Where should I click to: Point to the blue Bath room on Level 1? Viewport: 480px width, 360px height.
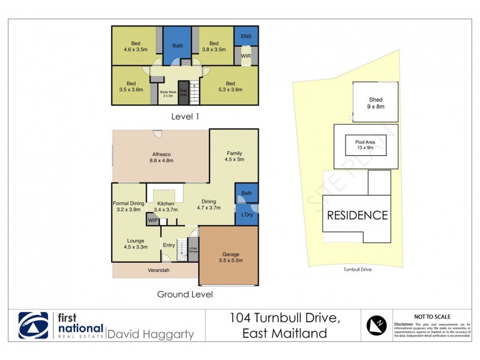click(178, 46)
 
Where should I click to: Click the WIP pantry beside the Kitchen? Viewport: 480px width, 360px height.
click(152, 220)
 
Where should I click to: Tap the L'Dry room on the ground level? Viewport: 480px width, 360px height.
click(246, 215)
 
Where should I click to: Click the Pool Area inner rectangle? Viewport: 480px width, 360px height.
click(365, 145)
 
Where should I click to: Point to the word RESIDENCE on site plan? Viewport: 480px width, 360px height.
click(358, 215)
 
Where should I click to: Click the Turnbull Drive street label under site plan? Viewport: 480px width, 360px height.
click(358, 270)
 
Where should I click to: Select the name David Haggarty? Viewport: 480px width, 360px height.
click(150, 334)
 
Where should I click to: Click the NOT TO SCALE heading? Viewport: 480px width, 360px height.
click(433, 317)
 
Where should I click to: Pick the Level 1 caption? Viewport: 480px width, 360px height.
click(185, 116)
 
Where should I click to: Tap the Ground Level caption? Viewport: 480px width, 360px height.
click(185, 294)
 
